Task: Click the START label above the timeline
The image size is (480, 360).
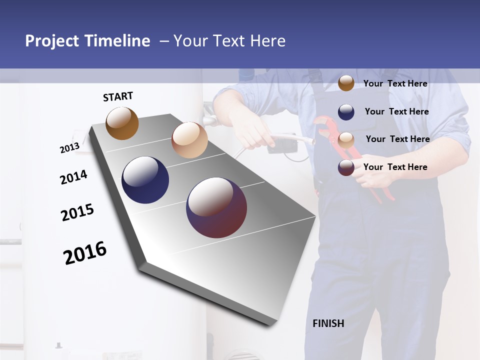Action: (118, 96)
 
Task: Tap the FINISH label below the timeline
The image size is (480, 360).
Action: (328, 323)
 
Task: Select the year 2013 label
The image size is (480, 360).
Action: (69, 148)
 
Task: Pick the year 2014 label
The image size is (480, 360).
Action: (73, 177)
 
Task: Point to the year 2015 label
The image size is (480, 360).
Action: (77, 212)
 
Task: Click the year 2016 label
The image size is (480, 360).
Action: (85, 253)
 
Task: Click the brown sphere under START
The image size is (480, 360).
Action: (122, 123)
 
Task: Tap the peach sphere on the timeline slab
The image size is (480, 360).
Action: (189, 140)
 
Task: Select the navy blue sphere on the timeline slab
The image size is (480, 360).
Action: (145, 180)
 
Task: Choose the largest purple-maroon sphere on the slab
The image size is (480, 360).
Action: (216, 207)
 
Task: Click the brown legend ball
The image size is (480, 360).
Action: (346, 83)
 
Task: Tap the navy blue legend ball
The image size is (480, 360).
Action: (346, 112)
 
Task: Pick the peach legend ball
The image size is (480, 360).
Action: (346, 139)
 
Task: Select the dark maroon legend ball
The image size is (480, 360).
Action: (346, 167)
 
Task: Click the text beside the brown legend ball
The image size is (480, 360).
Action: (395, 83)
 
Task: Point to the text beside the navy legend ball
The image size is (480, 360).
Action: (396, 111)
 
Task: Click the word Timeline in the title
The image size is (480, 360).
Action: (117, 41)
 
